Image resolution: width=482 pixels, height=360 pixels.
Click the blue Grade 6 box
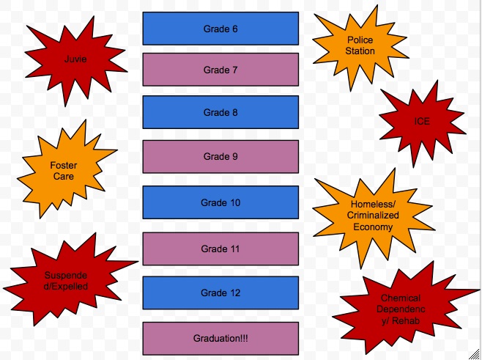coord(220,29)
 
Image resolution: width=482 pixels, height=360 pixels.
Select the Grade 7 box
coord(220,70)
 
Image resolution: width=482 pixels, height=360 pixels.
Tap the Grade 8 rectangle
coord(220,112)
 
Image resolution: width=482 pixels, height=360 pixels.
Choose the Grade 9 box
coord(220,156)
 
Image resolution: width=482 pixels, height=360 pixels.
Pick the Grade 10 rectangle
coord(220,202)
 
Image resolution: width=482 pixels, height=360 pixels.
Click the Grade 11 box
coord(220,249)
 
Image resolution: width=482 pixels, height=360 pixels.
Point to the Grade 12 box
coord(220,293)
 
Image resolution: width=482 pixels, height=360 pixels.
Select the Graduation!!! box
coord(220,338)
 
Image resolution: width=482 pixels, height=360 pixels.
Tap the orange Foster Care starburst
coord(64,171)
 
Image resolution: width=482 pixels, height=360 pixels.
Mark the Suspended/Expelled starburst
coord(66,281)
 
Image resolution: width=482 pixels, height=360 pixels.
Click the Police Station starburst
coord(360,45)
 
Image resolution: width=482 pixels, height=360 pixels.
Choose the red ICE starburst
coord(421,121)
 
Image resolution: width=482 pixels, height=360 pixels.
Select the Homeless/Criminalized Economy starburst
coord(372,215)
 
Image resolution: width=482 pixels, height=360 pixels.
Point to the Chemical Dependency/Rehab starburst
coord(400,309)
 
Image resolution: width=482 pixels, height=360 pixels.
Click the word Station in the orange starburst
coord(360,51)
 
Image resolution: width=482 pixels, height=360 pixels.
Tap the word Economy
coord(372,227)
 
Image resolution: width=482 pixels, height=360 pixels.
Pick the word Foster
coord(64,166)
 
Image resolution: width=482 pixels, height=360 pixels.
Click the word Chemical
coord(400,298)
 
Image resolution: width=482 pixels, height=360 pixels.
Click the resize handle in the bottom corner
coord(476,355)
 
